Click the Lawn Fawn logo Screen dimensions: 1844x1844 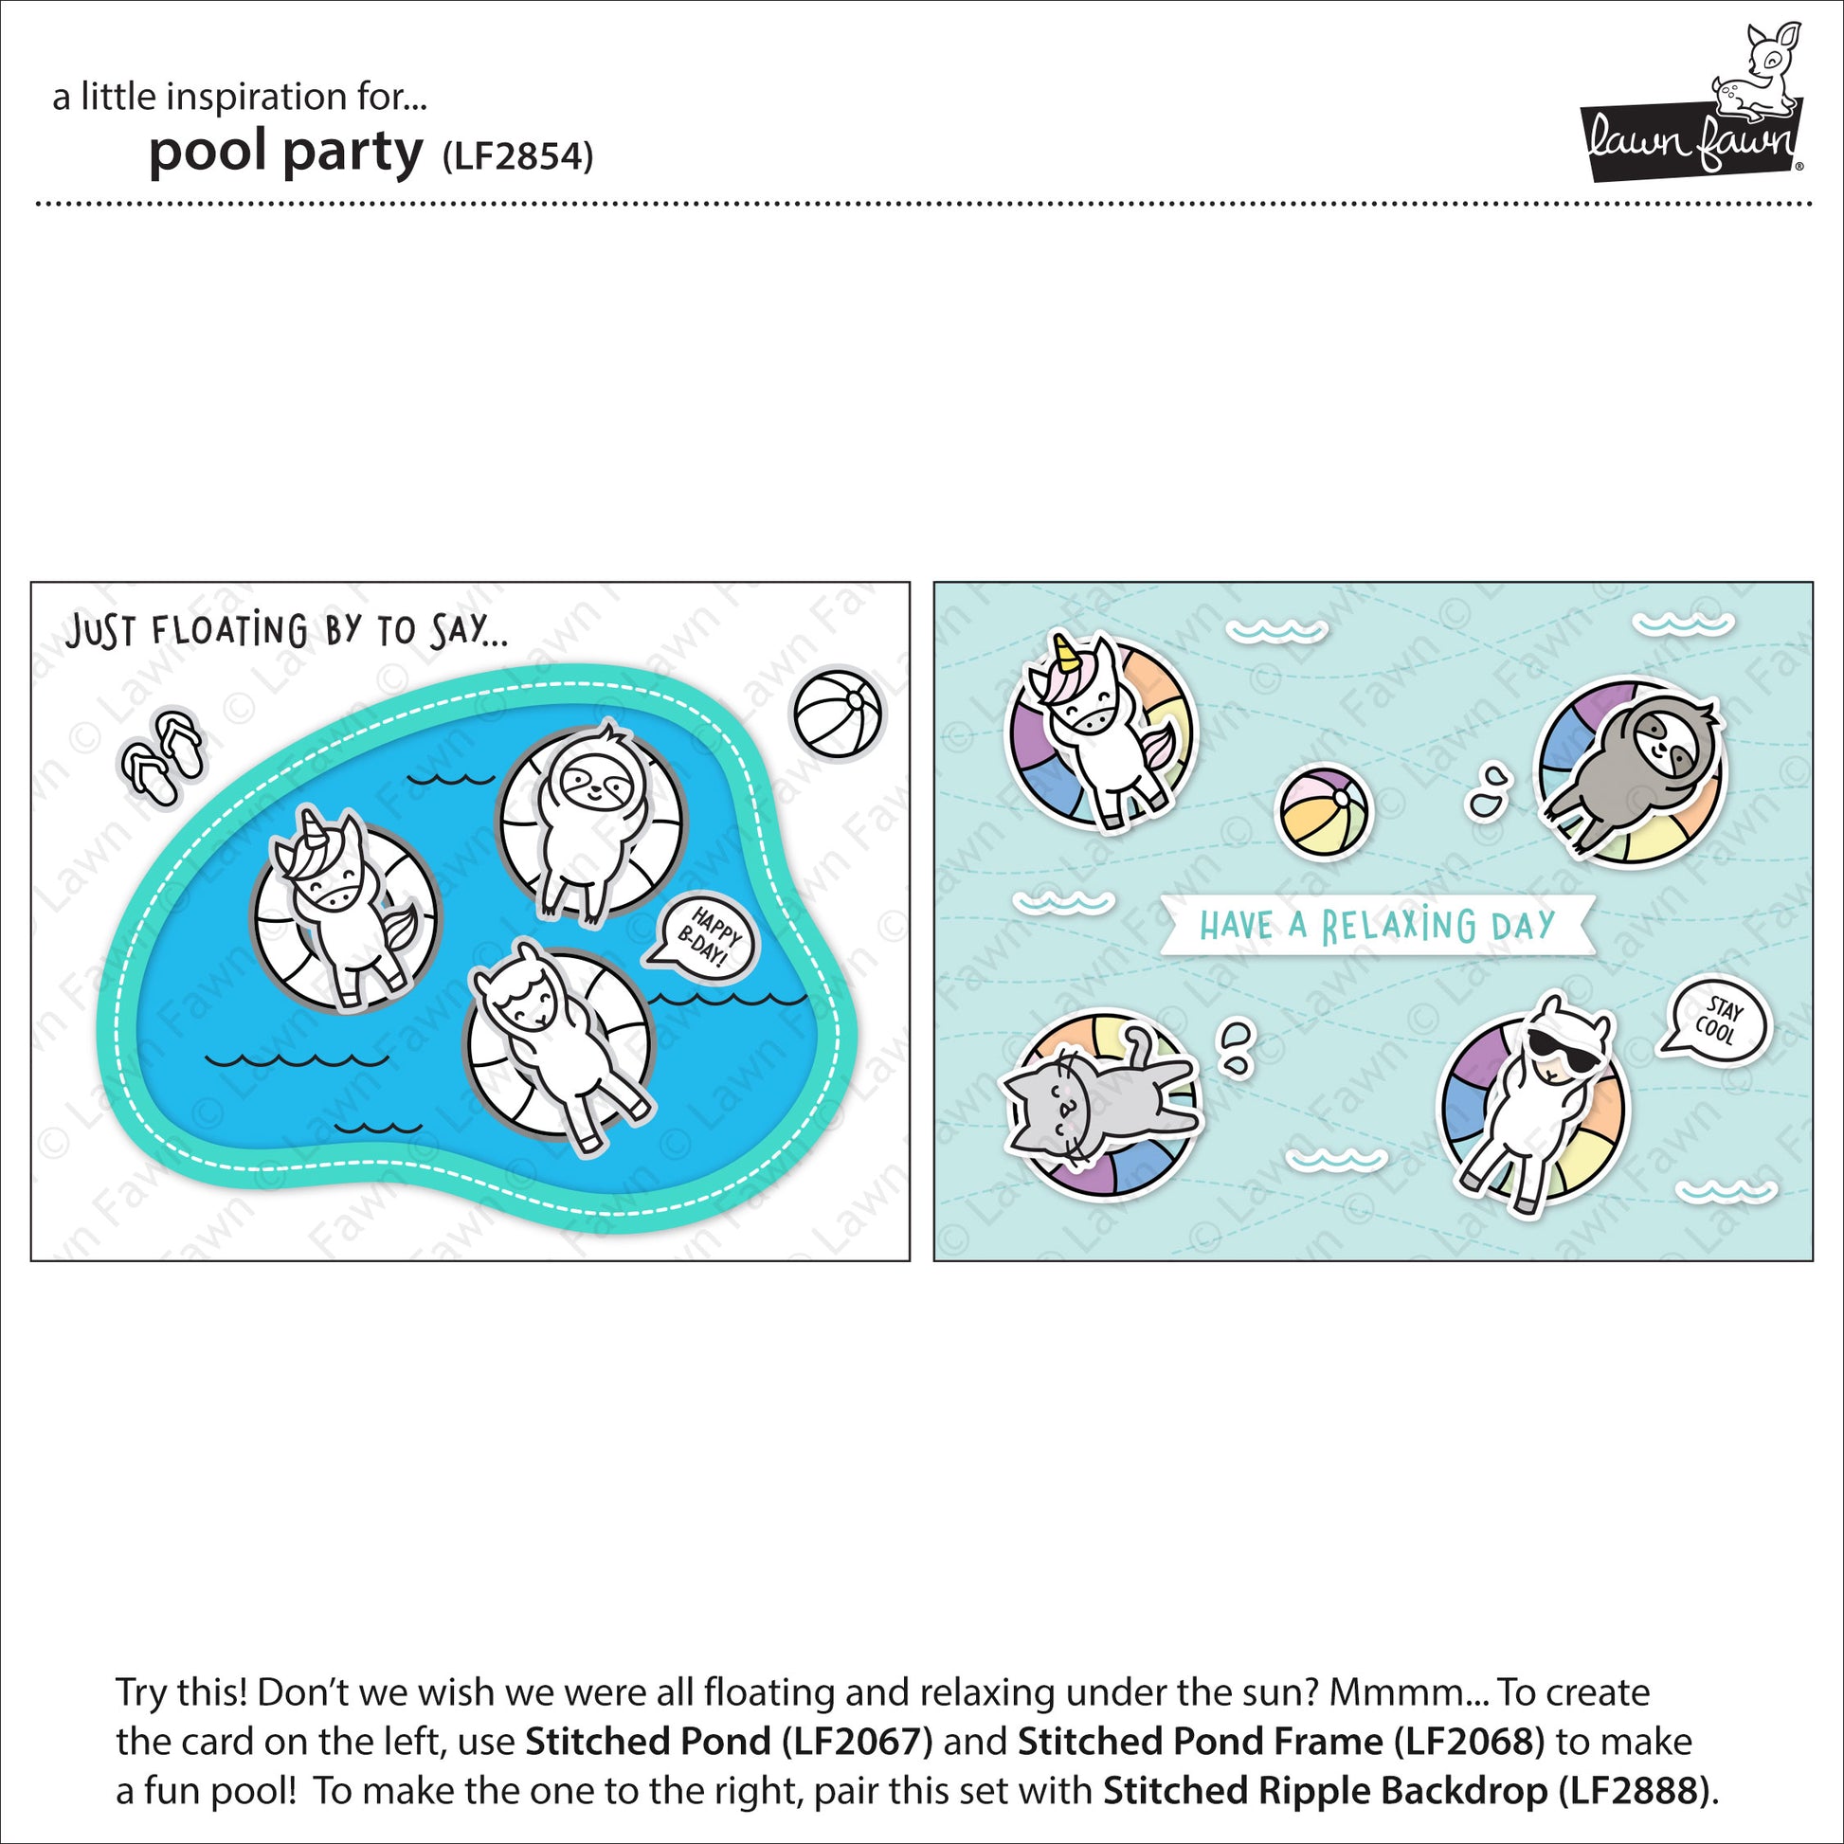tap(1690, 115)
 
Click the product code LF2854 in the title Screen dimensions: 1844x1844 tap(518, 155)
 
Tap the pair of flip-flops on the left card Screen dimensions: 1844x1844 tap(161, 759)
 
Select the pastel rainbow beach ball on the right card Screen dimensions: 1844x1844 tap(1325, 809)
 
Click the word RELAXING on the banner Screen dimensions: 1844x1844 tap(1399, 926)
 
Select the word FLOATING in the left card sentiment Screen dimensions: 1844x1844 tap(229, 631)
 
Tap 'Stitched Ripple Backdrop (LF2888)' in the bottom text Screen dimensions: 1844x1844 tap(1403, 1791)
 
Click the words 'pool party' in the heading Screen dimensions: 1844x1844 tap(285, 153)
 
